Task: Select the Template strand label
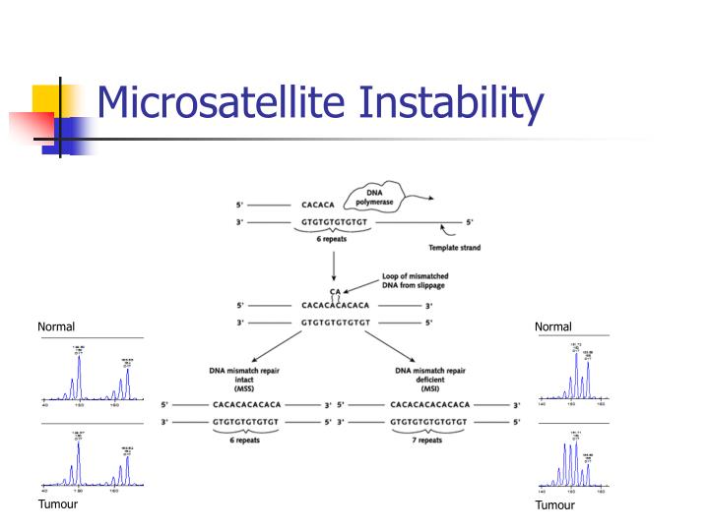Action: [x=454, y=248]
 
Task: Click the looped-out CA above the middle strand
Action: [x=336, y=292]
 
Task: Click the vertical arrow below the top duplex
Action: [x=335, y=265]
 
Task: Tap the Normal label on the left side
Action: [x=56, y=326]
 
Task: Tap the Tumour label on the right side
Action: [x=554, y=505]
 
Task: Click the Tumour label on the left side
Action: [x=57, y=504]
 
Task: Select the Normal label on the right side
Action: [x=553, y=326]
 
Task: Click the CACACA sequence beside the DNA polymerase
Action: [x=320, y=206]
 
